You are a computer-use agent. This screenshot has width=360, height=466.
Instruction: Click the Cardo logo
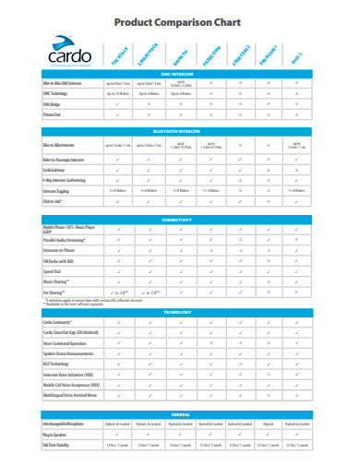click(x=54, y=55)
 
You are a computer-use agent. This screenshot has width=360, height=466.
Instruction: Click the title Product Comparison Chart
click(x=180, y=22)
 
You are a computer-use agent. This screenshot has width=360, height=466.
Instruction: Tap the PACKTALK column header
click(x=121, y=58)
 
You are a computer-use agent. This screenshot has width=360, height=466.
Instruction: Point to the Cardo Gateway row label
click(x=56, y=169)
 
